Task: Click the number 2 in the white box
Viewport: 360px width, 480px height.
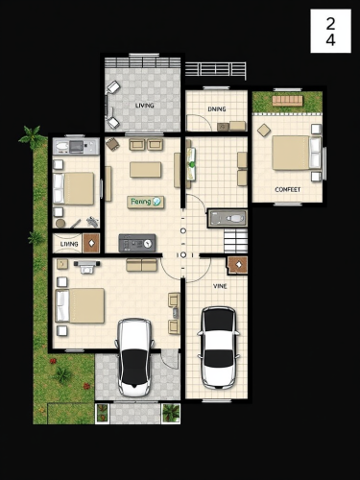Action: coord(330,23)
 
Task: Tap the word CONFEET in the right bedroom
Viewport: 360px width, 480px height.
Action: coord(287,189)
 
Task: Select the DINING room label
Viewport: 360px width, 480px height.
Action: coord(217,109)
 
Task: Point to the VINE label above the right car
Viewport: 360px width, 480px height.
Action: coord(220,286)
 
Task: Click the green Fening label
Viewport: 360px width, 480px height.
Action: coord(145,202)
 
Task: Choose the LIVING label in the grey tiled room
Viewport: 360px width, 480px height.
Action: coord(144,105)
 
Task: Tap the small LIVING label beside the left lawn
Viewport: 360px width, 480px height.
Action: coord(69,244)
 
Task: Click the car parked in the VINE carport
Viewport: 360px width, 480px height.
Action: coord(219,347)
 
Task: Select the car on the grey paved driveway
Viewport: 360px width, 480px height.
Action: coord(134,357)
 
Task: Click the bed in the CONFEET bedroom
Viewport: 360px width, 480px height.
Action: coord(291,153)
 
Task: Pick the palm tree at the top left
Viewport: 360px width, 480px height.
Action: coord(31,137)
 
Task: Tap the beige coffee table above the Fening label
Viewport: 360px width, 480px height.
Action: coord(146,170)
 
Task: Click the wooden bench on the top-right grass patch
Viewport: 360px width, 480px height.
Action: coord(287,100)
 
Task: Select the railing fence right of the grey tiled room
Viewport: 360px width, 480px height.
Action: coord(215,69)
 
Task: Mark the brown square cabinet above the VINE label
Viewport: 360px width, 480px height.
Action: coord(236,265)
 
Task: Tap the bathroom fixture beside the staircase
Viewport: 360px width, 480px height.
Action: coord(226,218)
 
